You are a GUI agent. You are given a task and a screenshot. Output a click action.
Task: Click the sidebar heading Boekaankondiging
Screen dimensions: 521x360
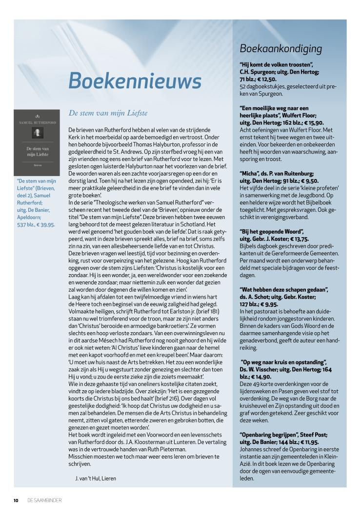(x=280, y=48)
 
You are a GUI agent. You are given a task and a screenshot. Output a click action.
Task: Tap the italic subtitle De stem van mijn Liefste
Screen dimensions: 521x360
(x=108, y=113)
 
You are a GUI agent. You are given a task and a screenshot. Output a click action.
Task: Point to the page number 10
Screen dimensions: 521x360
(x=16, y=500)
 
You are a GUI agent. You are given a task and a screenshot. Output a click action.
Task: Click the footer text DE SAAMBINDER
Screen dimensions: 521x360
(x=44, y=500)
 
